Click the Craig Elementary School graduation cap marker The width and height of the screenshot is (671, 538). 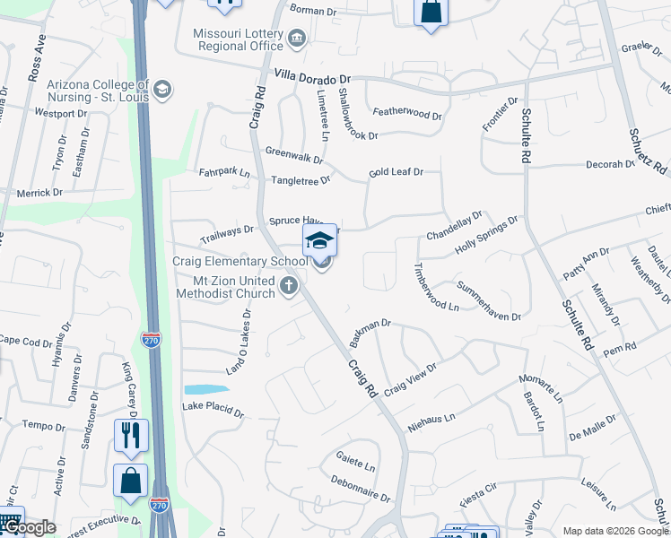[319, 241]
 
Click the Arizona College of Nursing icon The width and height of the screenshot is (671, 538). [162, 89]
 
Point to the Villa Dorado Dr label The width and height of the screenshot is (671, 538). [312, 78]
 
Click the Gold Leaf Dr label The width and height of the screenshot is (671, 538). [396, 171]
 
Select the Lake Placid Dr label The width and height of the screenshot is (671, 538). [213, 409]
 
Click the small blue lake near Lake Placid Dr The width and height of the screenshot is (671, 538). [205, 390]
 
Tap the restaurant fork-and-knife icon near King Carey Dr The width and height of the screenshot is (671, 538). [131, 435]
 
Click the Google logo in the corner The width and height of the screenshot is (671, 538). [29, 527]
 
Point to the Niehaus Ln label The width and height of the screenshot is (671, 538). [432, 417]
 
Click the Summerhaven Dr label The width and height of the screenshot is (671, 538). [488, 300]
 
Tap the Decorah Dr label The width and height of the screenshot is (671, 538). [610, 165]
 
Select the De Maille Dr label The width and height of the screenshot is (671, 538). [593, 425]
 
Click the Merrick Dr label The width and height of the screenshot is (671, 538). [39, 193]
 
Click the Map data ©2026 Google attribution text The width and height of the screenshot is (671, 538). [614, 530]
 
